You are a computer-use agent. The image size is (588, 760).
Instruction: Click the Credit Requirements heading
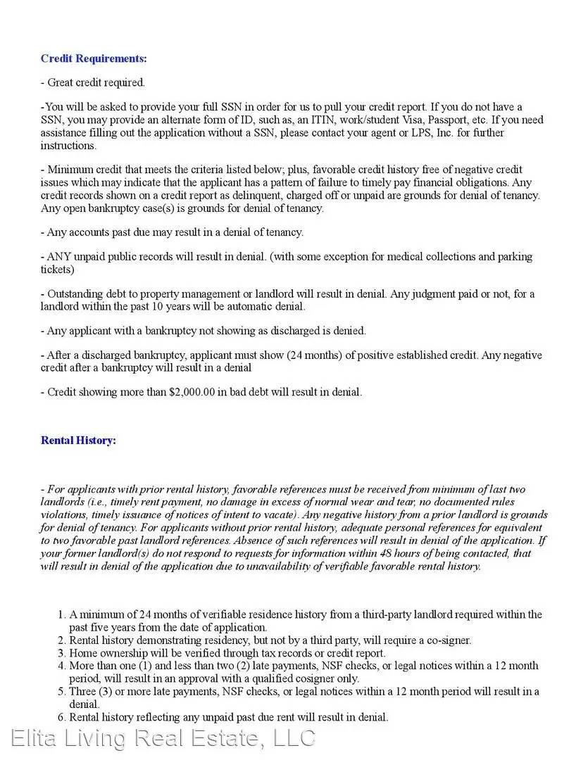tap(94, 58)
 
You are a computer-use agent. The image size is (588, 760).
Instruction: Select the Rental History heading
tap(78, 441)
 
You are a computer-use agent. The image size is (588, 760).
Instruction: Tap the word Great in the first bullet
tap(61, 82)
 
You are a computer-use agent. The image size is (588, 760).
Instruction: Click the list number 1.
tap(61, 614)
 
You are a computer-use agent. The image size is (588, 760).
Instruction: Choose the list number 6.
tap(61, 717)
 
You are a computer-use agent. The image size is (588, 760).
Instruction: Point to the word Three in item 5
tap(83, 692)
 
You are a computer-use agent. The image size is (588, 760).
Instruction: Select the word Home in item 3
tap(82, 653)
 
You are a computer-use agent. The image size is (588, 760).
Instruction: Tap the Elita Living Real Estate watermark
tap(163, 738)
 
